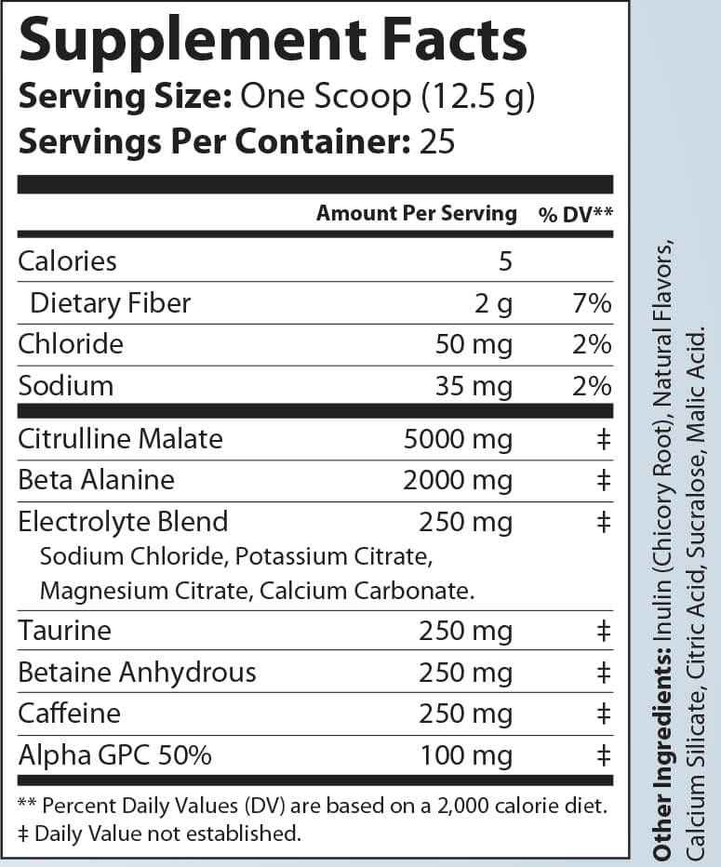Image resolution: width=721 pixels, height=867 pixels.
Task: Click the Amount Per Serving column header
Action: pos(416,213)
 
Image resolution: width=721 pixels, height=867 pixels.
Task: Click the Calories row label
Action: pos(68,260)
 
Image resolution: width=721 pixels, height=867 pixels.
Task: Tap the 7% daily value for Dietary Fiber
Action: pos(593,303)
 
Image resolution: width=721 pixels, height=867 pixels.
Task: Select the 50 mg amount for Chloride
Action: pos(474,344)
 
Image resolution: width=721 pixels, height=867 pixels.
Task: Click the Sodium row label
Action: pos(66,385)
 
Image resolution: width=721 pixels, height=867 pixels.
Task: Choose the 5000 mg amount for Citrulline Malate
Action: pos(458,438)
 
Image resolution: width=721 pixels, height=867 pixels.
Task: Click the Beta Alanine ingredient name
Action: pos(97,480)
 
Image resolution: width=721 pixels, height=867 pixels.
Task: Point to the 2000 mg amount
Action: pos(458,480)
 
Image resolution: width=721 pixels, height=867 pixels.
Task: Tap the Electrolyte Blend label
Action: pos(123,521)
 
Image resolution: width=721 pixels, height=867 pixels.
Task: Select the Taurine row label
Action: pos(65,631)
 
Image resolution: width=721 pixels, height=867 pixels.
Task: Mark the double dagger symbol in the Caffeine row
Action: pos(603,714)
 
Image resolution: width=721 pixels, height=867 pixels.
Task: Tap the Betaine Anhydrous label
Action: pos(137,672)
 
